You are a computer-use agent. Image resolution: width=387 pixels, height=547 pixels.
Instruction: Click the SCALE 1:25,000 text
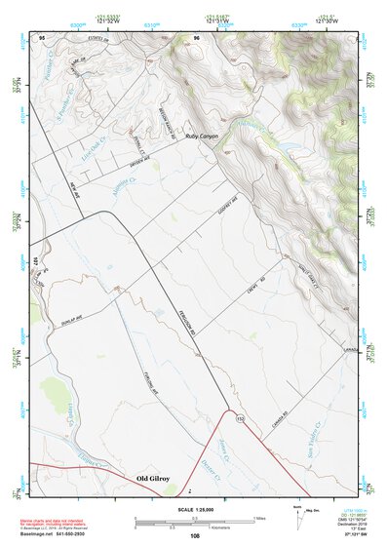196,511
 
